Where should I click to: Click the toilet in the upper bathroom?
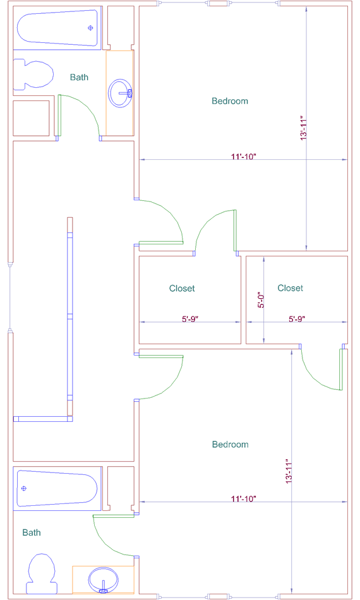(x=33, y=74)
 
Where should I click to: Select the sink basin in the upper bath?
(x=120, y=93)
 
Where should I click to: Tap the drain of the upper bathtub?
(x=91, y=28)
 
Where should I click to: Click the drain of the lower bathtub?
(x=24, y=488)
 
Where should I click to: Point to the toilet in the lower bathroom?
(x=41, y=573)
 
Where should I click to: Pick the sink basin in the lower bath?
(x=104, y=580)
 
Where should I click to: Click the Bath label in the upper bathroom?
(x=79, y=77)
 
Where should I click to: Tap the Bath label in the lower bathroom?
(x=32, y=532)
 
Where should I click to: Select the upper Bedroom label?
(x=230, y=101)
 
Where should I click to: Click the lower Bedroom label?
(x=231, y=444)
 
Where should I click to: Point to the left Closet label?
(x=182, y=288)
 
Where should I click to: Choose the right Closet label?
(x=291, y=288)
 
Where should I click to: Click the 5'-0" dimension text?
(x=261, y=301)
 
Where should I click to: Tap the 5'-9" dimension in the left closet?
(x=190, y=319)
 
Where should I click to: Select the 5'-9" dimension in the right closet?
(x=297, y=319)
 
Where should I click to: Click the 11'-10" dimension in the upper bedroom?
(x=243, y=157)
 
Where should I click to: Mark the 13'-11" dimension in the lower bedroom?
(x=289, y=471)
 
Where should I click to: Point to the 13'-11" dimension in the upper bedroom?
(x=304, y=128)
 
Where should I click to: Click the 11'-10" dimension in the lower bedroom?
(x=243, y=498)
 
